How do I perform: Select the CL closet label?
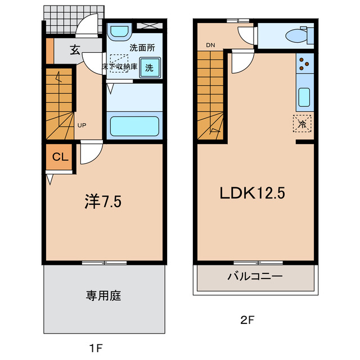click(60, 157)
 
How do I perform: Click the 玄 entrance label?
click(75, 49)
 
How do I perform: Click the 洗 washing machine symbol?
click(149, 67)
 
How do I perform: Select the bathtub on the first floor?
click(135, 125)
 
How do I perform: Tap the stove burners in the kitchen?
click(303, 64)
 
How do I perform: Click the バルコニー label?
click(255, 277)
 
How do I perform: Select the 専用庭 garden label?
click(103, 295)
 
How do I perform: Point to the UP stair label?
click(82, 125)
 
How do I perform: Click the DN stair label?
click(210, 46)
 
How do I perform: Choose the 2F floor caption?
click(247, 321)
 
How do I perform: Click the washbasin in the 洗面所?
click(119, 32)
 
